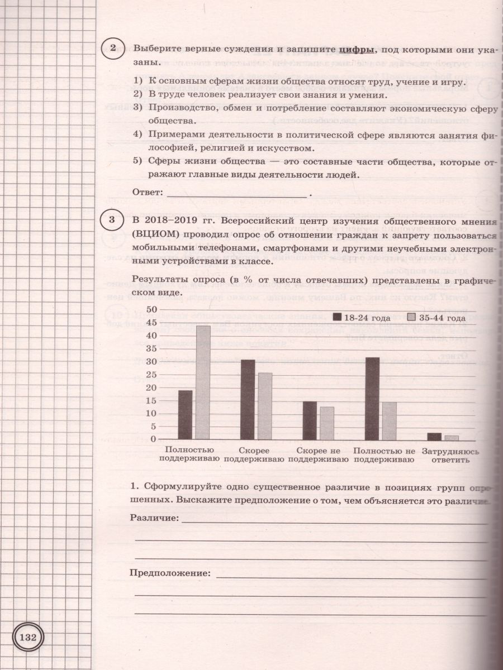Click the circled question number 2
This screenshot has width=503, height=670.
pyautogui.click(x=113, y=49)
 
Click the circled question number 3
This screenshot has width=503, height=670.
pyautogui.click(x=113, y=219)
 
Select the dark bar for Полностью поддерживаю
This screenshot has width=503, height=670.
pyautogui.click(x=185, y=415)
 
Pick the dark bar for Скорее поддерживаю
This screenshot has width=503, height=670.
pyautogui.click(x=248, y=400)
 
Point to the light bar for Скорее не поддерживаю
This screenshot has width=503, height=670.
pyautogui.click(x=327, y=423)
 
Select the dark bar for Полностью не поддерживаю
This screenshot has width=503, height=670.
pyautogui.click(x=372, y=399)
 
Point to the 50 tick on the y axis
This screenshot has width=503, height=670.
pyautogui.click(x=150, y=309)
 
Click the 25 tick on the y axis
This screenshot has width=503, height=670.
pyautogui.click(x=150, y=374)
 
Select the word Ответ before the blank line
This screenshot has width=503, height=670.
pyautogui.click(x=146, y=192)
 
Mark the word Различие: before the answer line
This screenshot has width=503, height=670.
pyautogui.click(x=154, y=518)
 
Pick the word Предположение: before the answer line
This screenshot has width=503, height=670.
pyautogui.click(x=170, y=573)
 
